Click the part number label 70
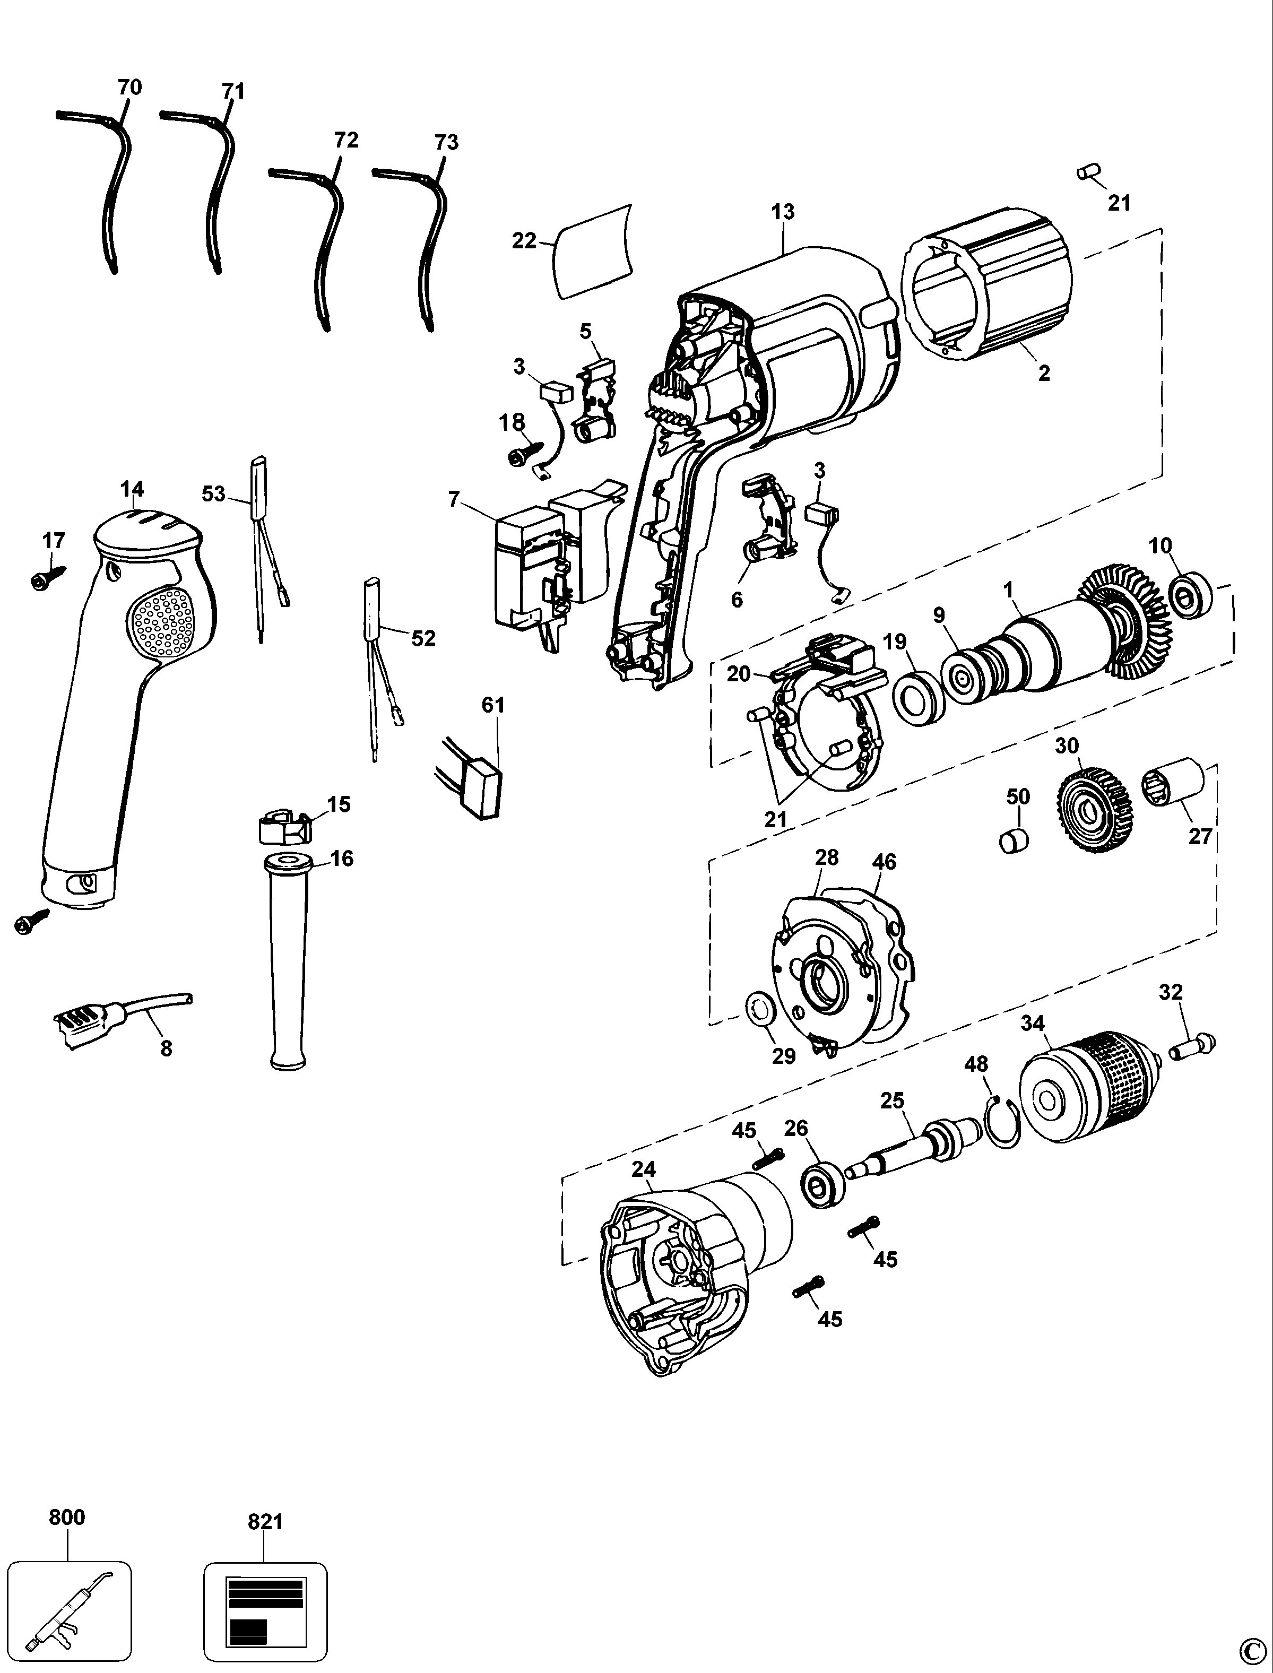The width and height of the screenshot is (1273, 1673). pos(129,88)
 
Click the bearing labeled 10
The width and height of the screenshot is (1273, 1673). pos(1190,596)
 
